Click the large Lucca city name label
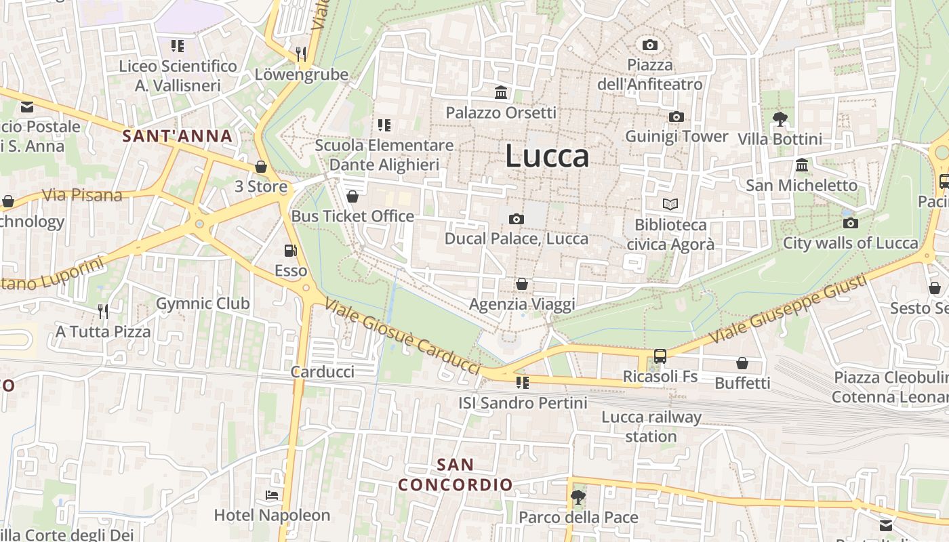click(x=547, y=157)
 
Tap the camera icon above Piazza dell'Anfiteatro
click(x=650, y=45)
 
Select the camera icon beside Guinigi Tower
click(x=676, y=117)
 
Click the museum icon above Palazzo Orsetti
click(x=501, y=92)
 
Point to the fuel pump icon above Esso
click(x=290, y=251)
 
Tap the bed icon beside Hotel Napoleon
click(x=272, y=495)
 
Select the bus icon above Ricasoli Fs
click(x=660, y=356)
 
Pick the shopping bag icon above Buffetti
click(x=742, y=363)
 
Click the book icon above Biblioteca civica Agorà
click(x=670, y=204)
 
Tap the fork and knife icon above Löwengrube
click(x=301, y=54)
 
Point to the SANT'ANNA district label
click(x=178, y=136)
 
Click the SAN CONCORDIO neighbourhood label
click(x=455, y=475)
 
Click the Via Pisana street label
click(x=82, y=196)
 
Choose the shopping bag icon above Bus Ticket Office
click(x=352, y=196)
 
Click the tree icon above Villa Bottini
click(x=780, y=119)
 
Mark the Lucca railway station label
click(x=651, y=427)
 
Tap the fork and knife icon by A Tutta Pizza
click(x=102, y=311)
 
